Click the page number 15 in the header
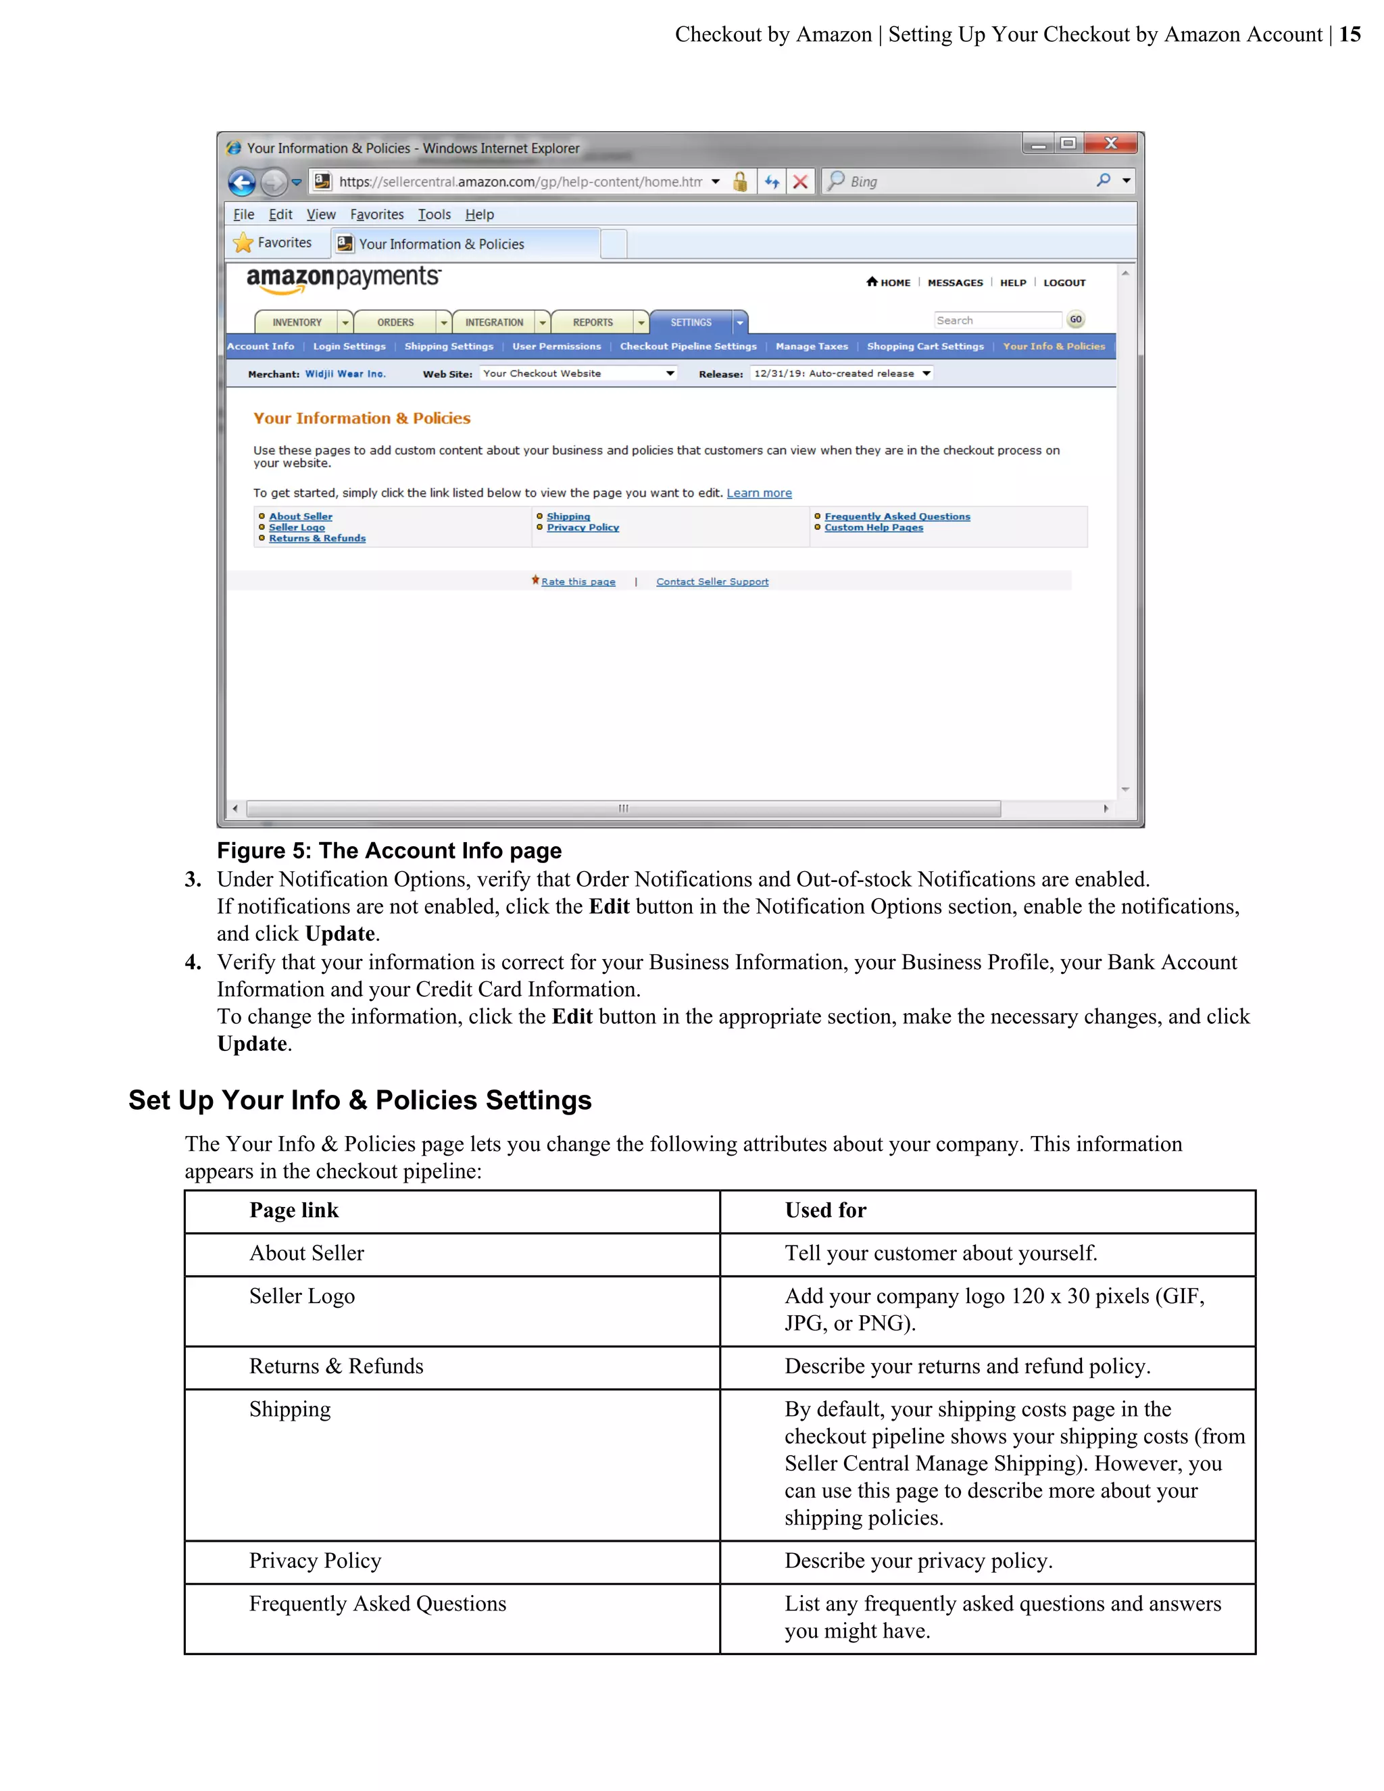(1350, 34)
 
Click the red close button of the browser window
(1110, 143)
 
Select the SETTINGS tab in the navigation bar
(691, 322)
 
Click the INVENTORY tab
(297, 322)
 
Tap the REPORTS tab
(593, 322)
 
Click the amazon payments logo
(343, 279)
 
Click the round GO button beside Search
(1075, 320)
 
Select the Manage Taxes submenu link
(811, 347)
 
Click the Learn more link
(758, 493)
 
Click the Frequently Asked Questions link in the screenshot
(897, 516)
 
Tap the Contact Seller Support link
(712, 582)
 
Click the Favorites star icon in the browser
(243, 243)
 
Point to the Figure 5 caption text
(389, 850)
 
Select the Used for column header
(825, 1210)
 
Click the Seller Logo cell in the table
(301, 1296)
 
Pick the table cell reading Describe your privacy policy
(918, 1561)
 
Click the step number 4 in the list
(193, 962)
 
